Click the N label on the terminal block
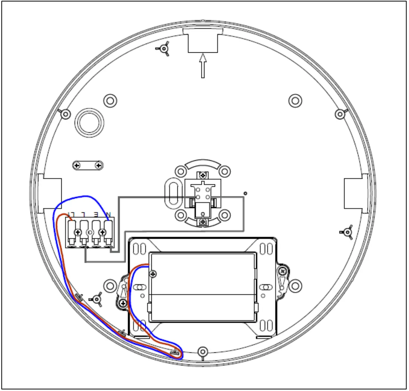pyautogui.click(x=108, y=214)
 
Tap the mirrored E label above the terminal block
pyautogui.click(x=96, y=214)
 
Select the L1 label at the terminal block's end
pyautogui.click(x=72, y=214)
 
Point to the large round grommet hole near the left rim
pyautogui.click(x=89, y=123)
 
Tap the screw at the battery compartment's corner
pyautogui.click(x=153, y=273)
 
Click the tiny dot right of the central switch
pyautogui.click(x=245, y=194)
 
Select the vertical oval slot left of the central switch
pyautogui.click(x=173, y=192)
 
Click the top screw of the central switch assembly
pyautogui.click(x=203, y=175)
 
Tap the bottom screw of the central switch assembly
pyautogui.click(x=203, y=222)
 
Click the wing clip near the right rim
pyautogui.click(x=347, y=232)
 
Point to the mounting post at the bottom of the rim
pyautogui.click(x=203, y=351)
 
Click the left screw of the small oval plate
pyautogui.click(x=77, y=165)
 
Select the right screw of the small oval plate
pyautogui.click(x=98, y=165)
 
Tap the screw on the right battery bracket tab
pyautogui.click(x=282, y=271)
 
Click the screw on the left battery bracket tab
pyautogui.click(x=123, y=304)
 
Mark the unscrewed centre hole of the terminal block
pyautogui.click(x=90, y=232)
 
